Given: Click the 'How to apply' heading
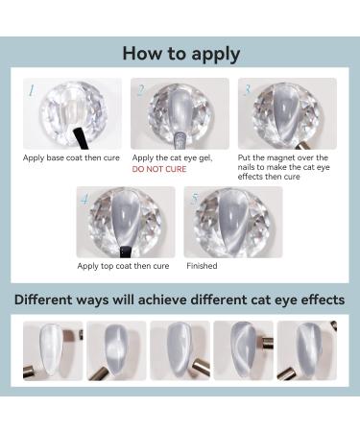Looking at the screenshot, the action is coord(181,54).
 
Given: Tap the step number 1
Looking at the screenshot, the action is coord(32,91).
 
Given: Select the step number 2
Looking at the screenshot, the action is coord(140,91).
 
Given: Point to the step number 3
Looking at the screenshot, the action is coord(247,90).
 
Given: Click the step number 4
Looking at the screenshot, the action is coord(84,200).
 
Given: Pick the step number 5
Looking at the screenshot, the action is coord(194,199).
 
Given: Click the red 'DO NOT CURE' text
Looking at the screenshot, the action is coord(159,169).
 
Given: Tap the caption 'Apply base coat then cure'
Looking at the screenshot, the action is coord(71,157).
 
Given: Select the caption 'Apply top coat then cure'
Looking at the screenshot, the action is coord(123,266).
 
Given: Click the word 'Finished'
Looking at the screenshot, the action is coord(202,266).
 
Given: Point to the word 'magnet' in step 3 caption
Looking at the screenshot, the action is coord(278,157).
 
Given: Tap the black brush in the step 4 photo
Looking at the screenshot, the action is coord(125,252).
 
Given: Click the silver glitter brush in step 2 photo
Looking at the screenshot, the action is coord(180,141).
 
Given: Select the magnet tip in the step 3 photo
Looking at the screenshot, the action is coord(301,146).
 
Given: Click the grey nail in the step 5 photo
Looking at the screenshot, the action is coord(231,222).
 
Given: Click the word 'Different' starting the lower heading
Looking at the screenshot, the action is coord(43,300).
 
